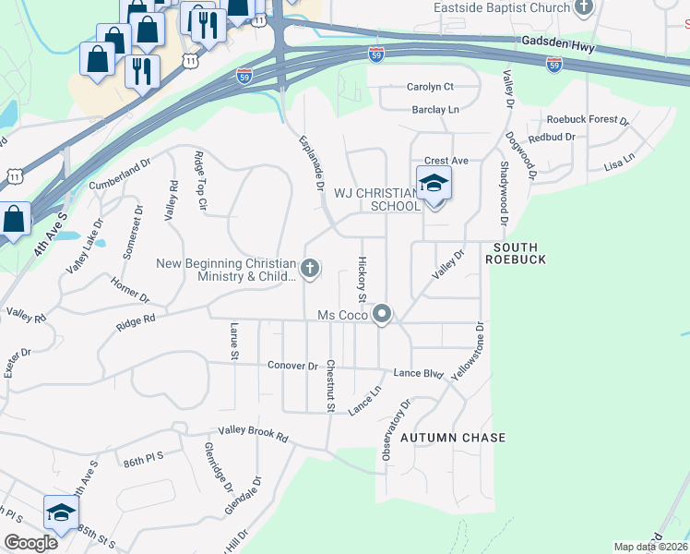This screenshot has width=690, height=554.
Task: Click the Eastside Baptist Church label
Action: (x=502, y=8)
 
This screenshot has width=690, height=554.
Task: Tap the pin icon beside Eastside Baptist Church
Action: (x=583, y=8)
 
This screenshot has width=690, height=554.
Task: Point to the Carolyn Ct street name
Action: (x=430, y=87)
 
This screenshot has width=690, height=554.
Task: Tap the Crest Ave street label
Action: (x=446, y=161)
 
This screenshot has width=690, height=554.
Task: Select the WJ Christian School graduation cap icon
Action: (x=434, y=184)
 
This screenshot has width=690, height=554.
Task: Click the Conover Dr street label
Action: (x=292, y=366)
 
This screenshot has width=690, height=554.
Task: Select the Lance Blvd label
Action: (x=419, y=373)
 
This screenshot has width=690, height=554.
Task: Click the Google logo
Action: (x=31, y=543)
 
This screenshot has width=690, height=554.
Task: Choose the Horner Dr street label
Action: (x=130, y=290)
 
